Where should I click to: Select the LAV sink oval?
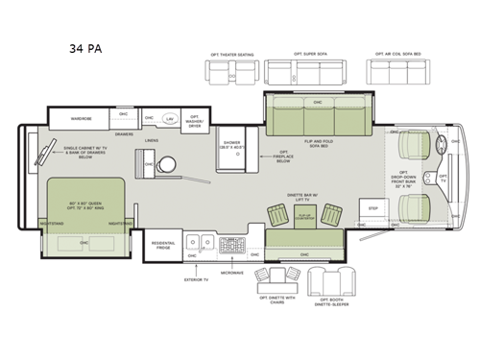click(x=170, y=119)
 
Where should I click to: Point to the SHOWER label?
click(x=232, y=142)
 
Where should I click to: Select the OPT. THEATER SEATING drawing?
click(x=232, y=72)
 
